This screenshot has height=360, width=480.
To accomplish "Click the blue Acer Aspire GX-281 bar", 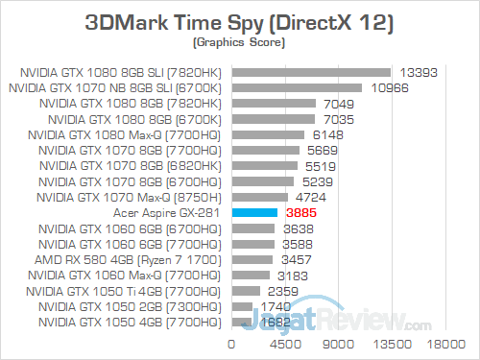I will pos(253,212).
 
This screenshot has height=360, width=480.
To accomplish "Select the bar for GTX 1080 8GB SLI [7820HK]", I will pos(310,71).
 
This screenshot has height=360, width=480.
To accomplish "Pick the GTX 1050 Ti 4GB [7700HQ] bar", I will pos(245,291).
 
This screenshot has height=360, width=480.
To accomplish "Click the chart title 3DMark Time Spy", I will pos(240,21).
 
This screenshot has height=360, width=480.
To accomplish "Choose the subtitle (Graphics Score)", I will pos(240,42).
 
